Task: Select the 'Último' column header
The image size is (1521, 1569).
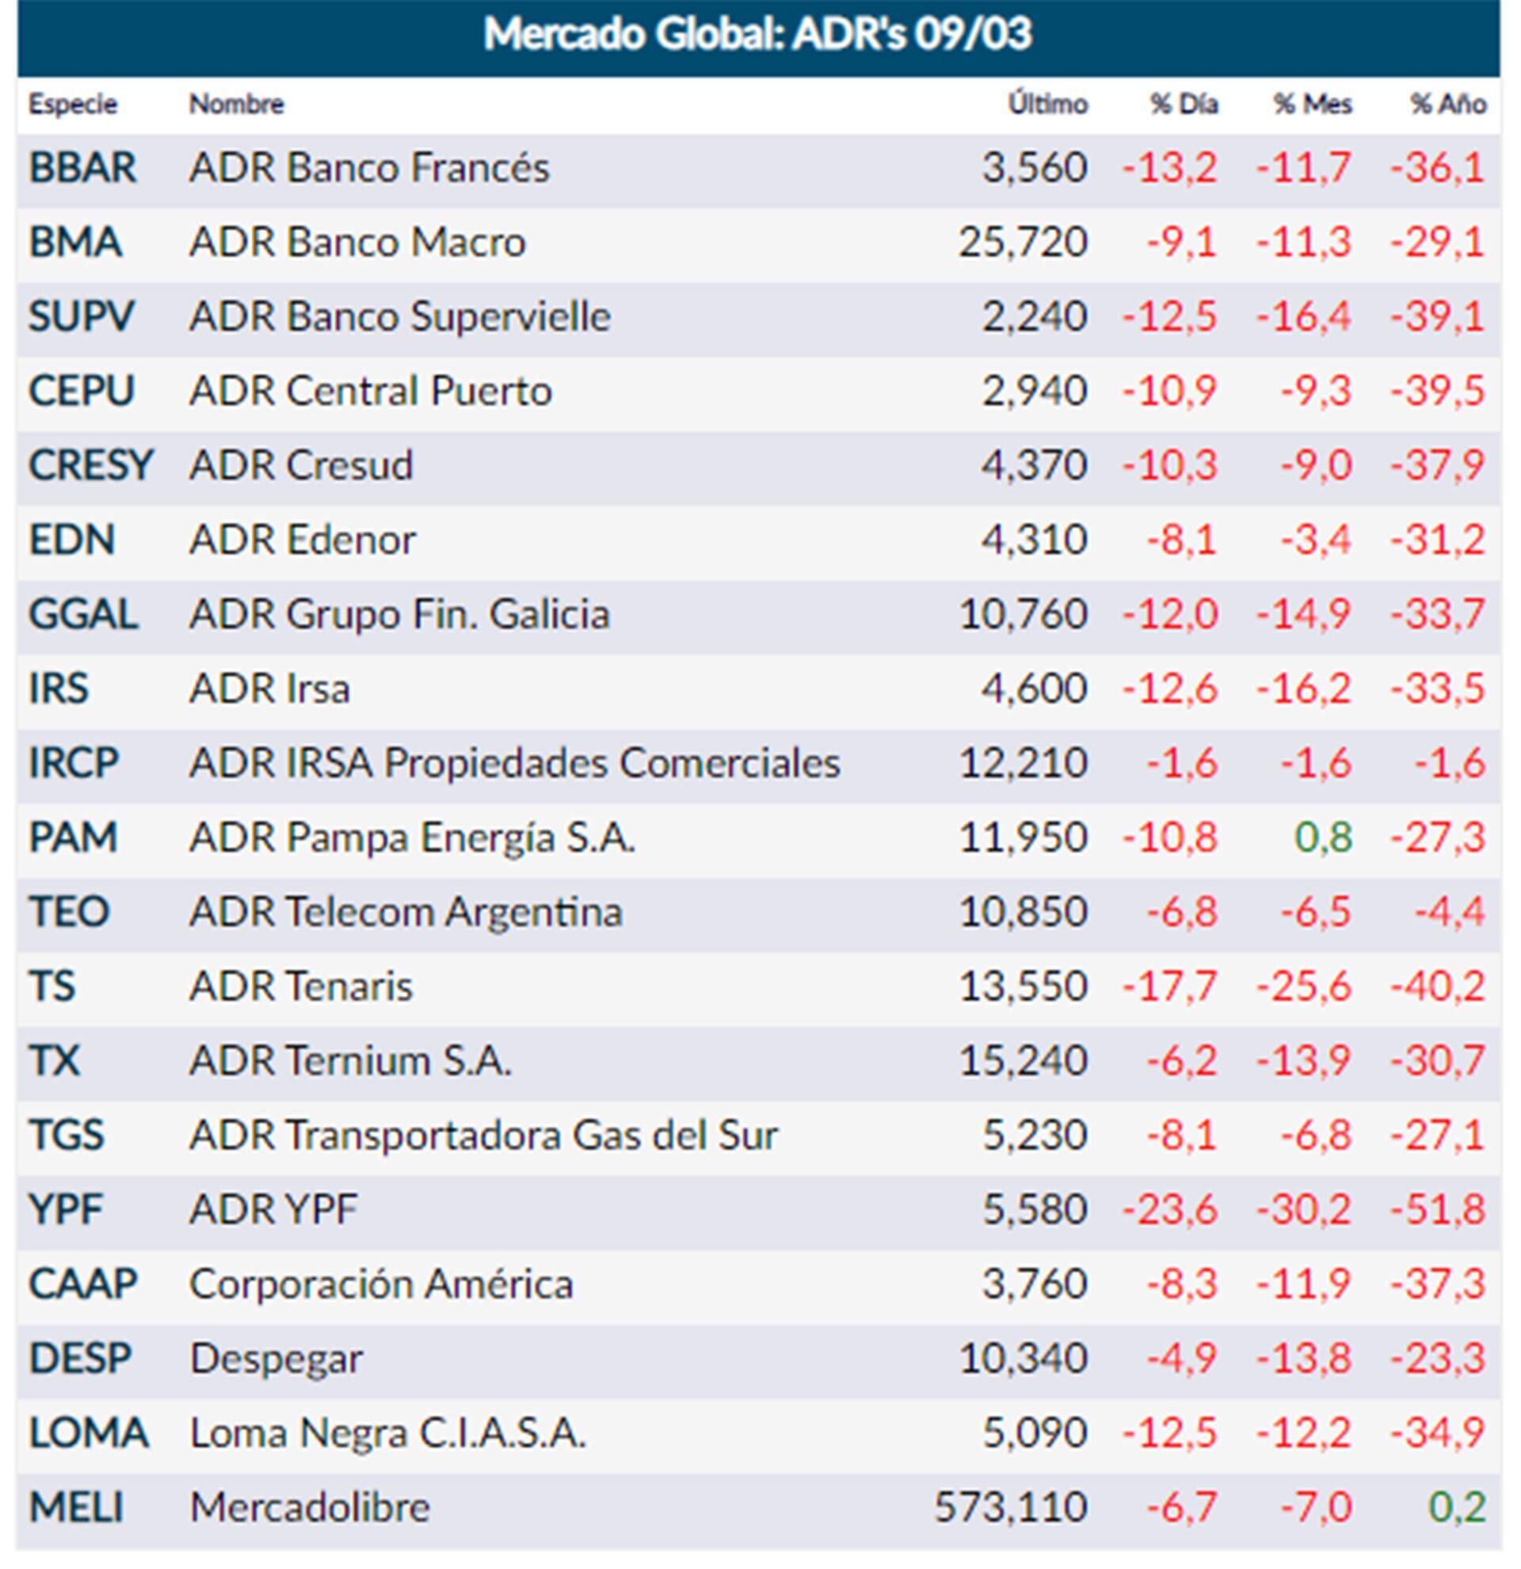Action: [1047, 104]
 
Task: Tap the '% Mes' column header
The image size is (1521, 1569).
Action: [1312, 104]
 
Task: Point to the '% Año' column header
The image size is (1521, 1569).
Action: [1447, 104]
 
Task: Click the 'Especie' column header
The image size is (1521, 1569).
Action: [73, 104]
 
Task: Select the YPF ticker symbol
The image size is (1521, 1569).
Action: [66, 1208]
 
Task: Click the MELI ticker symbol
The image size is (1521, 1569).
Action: [76, 1507]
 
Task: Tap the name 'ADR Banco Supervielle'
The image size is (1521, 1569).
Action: [399, 316]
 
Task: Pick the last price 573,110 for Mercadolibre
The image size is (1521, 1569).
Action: [1011, 1507]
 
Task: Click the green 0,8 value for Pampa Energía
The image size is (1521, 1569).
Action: [1324, 838]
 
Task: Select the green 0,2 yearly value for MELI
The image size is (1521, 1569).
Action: [1457, 1507]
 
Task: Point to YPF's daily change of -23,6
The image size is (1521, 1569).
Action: [1170, 1208]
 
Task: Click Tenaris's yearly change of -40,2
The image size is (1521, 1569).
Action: [1438, 987]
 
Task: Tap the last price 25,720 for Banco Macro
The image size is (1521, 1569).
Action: [1024, 242]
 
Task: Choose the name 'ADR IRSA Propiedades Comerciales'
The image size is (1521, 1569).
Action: [514, 763]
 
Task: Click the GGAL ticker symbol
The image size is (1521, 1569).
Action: [83, 614]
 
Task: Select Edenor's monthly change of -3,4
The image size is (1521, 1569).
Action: [1315, 540]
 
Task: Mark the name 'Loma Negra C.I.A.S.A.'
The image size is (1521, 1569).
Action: [388, 1433]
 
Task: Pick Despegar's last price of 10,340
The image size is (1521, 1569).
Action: [1024, 1358]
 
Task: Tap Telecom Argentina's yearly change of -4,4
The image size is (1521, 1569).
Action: [1449, 912]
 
